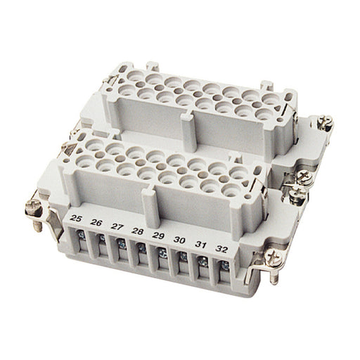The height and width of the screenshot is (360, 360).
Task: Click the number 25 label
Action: pos(76,219)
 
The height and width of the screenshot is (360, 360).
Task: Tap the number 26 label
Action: pos(96,222)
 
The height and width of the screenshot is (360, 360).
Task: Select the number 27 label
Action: pos(117,226)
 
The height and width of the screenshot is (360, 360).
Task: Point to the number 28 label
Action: pos(138,231)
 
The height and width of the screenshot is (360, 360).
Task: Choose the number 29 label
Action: pos(158,236)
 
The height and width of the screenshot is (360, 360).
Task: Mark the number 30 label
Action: pos(179,240)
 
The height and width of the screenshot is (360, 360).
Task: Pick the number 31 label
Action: pos(200,245)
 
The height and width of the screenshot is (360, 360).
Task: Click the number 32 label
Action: pos(221,250)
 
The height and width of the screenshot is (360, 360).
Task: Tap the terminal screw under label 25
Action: pos(82,235)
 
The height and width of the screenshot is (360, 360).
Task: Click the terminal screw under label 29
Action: pos(162,253)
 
